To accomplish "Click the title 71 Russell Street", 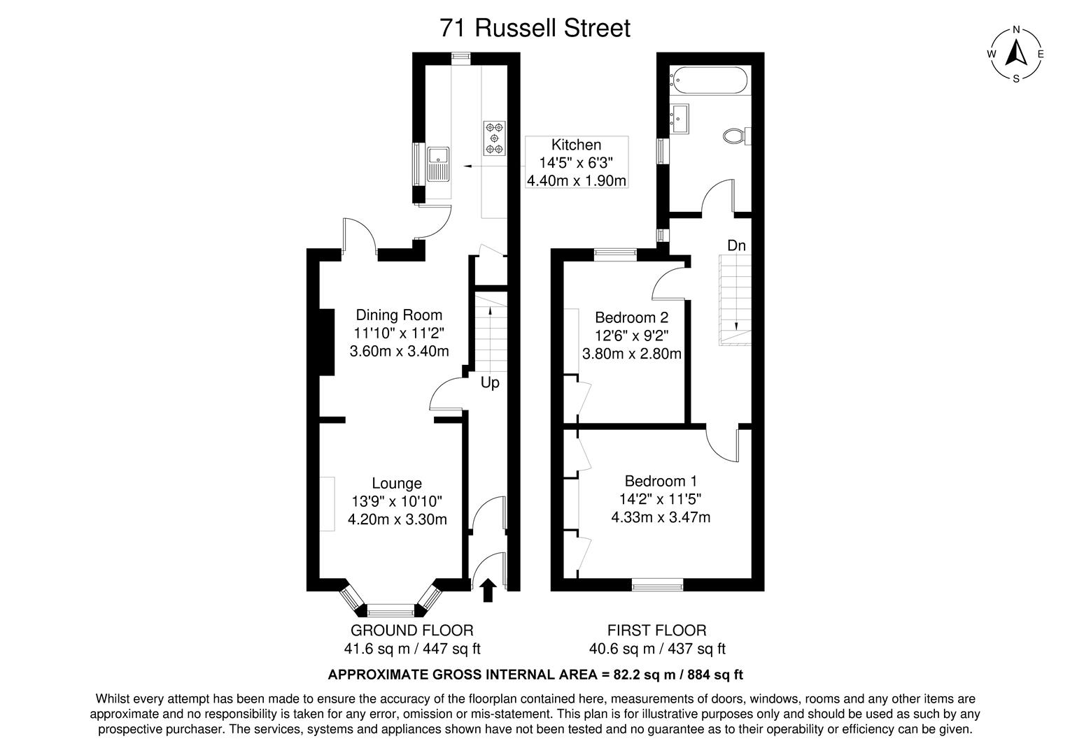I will point(535,28).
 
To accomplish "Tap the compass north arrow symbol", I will point(1015,53).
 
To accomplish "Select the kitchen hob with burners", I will point(495,138).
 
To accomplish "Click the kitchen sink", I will point(439,164).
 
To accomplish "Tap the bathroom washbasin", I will point(680,117).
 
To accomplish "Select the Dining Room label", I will point(399,315).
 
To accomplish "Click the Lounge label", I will point(397,483).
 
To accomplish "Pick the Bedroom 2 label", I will point(631,317).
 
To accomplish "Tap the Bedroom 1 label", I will point(661,481).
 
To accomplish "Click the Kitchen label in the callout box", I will point(576,145).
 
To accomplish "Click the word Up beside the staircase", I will point(490,383).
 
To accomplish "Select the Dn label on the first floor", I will point(736,245).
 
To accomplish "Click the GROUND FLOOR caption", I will point(411,631).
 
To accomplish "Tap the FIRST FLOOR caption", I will point(656,631).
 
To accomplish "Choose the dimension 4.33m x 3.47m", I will point(661,517).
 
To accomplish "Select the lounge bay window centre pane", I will point(391,609).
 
